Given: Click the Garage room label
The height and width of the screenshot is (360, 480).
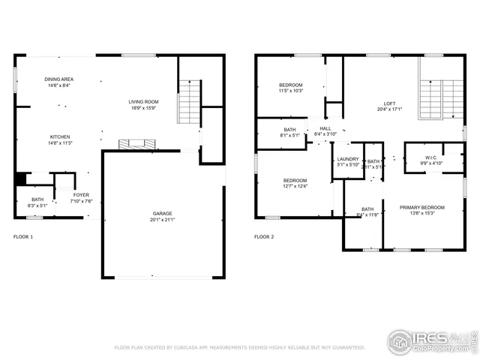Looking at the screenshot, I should tap(163, 217).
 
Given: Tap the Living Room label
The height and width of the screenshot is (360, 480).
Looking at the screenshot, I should tap(142, 105).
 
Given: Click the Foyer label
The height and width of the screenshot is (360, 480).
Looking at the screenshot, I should tap(81, 198).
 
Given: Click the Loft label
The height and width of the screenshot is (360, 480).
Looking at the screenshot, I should tap(389, 106).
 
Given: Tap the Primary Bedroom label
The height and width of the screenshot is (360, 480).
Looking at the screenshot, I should tap(421, 210).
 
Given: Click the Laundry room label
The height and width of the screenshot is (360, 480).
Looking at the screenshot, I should tap(348, 161).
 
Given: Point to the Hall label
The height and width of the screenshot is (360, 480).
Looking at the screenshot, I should tap(325, 131).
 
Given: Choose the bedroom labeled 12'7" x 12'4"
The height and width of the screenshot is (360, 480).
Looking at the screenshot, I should tap(295, 184).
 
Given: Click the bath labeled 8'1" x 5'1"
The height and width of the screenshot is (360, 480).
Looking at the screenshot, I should tap(289, 133).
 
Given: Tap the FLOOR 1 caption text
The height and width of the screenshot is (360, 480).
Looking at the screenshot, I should tap(23, 237).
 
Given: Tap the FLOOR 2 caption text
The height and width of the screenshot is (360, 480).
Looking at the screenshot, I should tap(264, 237).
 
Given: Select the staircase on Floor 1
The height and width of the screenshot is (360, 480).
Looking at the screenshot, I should tap(189, 102).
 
